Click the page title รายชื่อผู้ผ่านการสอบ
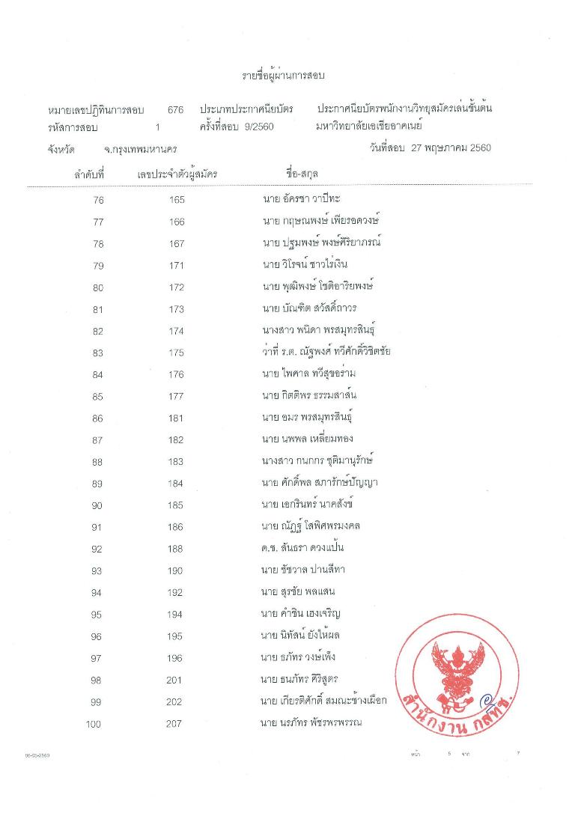[287, 76]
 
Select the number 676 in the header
[176, 110]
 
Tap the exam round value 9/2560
[258, 127]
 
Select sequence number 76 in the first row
[98, 200]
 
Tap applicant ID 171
[177, 265]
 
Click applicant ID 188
[177, 549]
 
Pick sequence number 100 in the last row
[94, 724]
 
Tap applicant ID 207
[177, 724]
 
